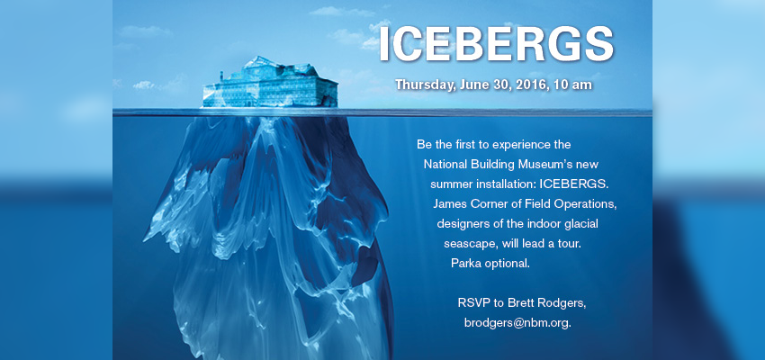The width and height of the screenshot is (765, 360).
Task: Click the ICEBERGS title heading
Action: tap(496, 44)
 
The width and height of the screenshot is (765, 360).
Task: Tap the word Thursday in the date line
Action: tap(426, 85)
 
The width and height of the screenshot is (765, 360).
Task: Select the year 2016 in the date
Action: tap(528, 85)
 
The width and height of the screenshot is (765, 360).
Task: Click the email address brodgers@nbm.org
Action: tap(517, 323)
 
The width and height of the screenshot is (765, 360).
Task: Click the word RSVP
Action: tap(473, 302)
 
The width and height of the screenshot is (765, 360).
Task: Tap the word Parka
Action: tap(465, 264)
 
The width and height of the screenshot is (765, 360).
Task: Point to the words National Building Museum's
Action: tap(498, 165)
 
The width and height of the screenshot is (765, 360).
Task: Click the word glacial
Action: tap(580, 224)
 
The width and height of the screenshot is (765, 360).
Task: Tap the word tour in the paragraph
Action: tap(570, 244)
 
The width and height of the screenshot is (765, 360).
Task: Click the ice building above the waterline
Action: tap(270, 83)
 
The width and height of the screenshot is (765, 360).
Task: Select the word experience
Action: tap(525, 145)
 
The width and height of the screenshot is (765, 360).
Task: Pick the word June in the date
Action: tap(473, 85)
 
